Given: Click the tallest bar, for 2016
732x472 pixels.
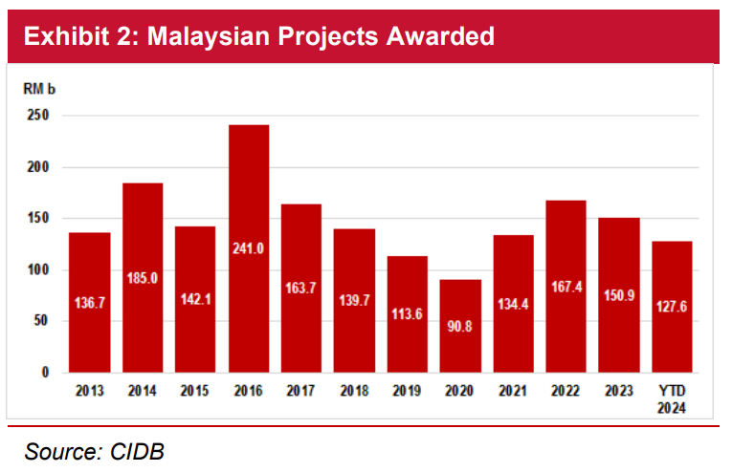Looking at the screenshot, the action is click(x=249, y=248).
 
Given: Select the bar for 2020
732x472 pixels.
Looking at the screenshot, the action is click(x=460, y=326).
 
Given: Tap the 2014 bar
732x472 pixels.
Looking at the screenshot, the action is click(x=143, y=278).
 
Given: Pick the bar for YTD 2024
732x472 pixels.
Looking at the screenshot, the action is click(x=673, y=307).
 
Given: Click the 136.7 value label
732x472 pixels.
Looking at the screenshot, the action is click(x=90, y=303).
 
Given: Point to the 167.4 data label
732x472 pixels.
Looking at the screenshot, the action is click(x=566, y=287).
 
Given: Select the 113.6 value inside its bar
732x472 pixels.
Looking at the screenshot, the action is click(x=407, y=314).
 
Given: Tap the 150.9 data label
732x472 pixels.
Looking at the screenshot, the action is click(x=619, y=295).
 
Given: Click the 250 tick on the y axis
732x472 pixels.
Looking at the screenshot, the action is click(x=38, y=115).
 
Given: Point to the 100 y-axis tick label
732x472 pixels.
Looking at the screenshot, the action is click(x=38, y=269).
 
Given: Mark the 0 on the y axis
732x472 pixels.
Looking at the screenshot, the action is click(x=45, y=373).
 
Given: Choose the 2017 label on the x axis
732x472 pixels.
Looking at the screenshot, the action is click(x=301, y=391).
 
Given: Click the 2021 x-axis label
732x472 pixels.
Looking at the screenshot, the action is click(x=513, y=391).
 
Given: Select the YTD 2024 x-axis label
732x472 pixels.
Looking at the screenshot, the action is click(x=672, y=399).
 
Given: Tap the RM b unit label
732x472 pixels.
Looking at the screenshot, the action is click(x=39, y=89).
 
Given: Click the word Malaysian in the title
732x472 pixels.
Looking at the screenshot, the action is click(x=209, y=37).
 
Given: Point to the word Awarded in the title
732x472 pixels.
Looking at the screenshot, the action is click(x=440, y=36).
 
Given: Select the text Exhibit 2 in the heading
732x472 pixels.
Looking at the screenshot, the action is click(x=78, y=36).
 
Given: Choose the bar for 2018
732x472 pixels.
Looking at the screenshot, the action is click(x=354, y=301).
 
